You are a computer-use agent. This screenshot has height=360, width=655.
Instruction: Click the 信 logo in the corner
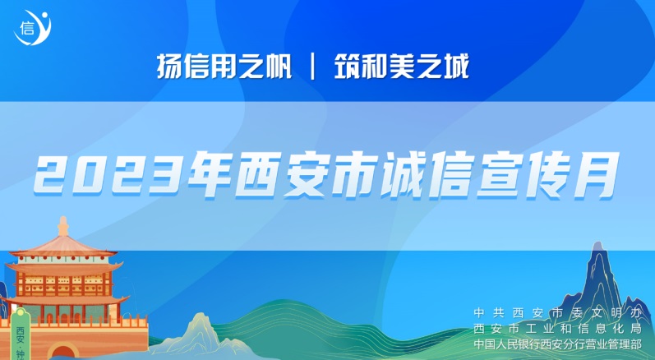pyautogui.click(x=33, y=28)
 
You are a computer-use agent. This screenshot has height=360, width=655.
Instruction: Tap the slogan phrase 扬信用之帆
pyautogui.click(x=224, y=67)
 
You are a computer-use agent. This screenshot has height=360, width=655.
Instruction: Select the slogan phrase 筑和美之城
pyautogui.click(x=402, y=67)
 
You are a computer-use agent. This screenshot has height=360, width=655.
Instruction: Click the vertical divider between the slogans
pyautogui.click(x=313, y=67)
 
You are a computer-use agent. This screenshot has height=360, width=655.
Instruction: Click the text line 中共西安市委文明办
pyautogui.click(x=557, y=313)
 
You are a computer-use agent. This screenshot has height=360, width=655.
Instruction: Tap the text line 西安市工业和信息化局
pyautogui.click(x=557, y=329)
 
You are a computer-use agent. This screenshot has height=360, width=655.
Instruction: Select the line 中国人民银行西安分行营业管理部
pyautogui.click(x=557, y=344)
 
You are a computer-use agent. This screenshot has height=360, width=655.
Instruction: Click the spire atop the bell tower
pyautogui.click(x=63, y=226)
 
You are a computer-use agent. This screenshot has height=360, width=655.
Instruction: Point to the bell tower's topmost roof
pyautogui.click(x=62, y=247)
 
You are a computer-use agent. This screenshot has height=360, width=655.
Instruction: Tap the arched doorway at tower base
pyautogui.click(x=62, y=352)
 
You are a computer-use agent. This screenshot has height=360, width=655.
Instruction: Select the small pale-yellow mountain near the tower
pyautogui.click(x=200, y=334)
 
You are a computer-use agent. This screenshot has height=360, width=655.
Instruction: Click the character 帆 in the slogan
pyautogui.click(x=279, y=67)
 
